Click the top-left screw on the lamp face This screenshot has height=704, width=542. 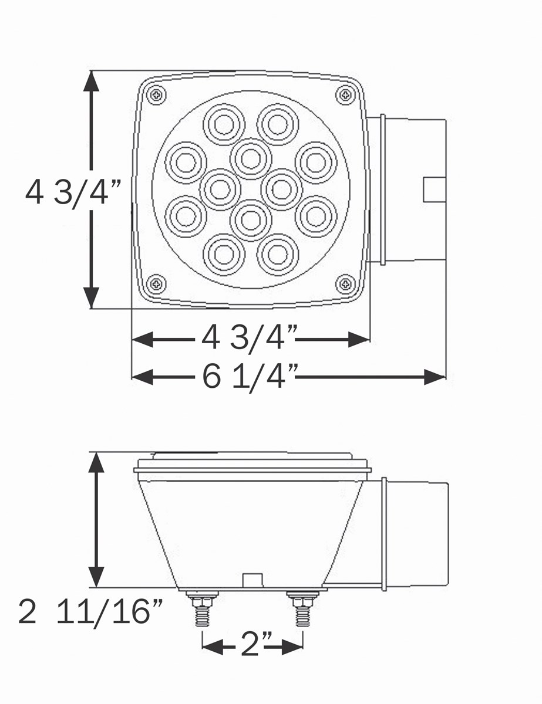click(x=157, y=95)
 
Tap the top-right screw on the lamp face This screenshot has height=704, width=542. click(x=345, y=95)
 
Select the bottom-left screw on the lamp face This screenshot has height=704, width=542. click(x=157, y=285)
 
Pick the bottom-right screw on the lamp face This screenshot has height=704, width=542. click(x=345, y=285)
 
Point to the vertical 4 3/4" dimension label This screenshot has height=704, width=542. click(x=73, y=194)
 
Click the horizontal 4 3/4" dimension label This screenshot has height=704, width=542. click(x=249, y=339)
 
